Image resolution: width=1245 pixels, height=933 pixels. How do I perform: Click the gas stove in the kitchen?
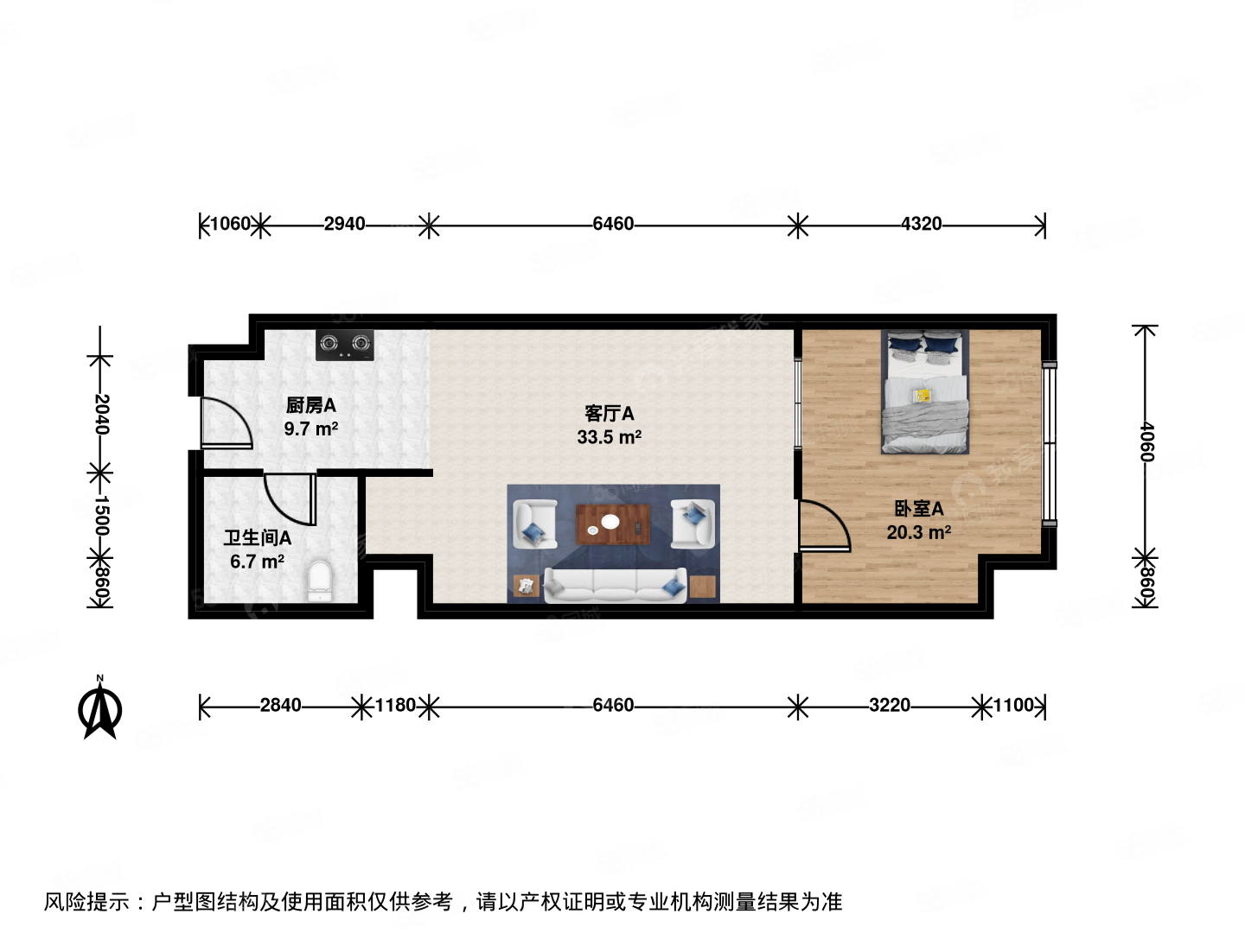[345, 345]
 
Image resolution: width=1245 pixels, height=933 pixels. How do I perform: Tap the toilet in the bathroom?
[320, 581]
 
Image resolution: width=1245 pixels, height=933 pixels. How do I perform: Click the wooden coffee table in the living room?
[613, 524]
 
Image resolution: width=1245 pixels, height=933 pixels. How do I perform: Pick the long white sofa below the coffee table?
[615, 585]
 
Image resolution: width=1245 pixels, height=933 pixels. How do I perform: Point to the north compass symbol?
[100, 708]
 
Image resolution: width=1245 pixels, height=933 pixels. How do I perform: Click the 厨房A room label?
[310, 405]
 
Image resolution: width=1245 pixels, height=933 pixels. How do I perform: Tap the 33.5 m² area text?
[609, 438]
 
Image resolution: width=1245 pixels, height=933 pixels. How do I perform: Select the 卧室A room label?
[918, 509]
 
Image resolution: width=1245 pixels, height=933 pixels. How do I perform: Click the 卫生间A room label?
[258, 538]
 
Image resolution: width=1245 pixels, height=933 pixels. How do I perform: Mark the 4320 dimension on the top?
[921, 225]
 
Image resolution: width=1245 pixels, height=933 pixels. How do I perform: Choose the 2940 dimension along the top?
[344, 225]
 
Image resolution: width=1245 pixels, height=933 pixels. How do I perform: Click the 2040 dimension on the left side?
[101, 414]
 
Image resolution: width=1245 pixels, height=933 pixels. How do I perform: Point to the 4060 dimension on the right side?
[1146, 441]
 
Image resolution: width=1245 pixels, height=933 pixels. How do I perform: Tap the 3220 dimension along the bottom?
[889, 706]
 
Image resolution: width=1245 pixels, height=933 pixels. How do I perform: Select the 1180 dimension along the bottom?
[395, 706]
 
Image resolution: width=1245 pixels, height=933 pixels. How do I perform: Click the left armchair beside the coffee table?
[534, 524]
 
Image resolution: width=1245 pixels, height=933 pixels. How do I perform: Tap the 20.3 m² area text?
[918, 533]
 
